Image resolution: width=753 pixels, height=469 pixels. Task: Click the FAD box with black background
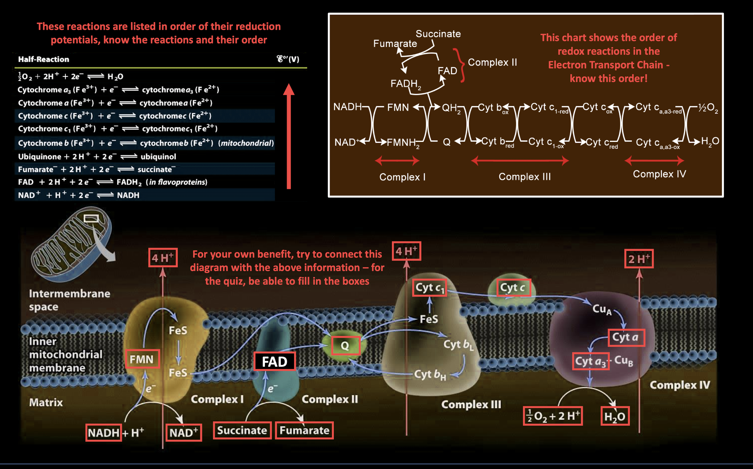click(x=274, y=361)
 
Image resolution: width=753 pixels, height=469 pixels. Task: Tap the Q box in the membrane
click(x=345, y=345)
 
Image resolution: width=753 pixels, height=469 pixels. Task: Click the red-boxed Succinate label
click(x=242, y=430)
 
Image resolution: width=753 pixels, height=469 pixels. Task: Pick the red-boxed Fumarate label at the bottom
click(x=304, y=430)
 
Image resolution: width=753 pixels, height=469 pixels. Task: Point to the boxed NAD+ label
click(x=183, y=432)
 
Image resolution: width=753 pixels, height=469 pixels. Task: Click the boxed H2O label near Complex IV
click(x=614, y=416)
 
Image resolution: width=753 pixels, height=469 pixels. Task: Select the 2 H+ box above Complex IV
click(x=639, y=259)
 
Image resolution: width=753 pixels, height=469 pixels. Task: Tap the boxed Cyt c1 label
click(x=429, y=288)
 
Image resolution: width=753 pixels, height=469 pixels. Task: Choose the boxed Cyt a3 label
click(x=590, y=361)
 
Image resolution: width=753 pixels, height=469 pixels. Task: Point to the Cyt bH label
click(x=430, y=375)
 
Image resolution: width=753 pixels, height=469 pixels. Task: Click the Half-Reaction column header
click(x=44, y=59)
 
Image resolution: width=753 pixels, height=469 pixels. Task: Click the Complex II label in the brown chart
click(x=492, y=62)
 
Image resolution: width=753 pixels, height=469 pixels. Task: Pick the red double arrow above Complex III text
click(x=519, y=161)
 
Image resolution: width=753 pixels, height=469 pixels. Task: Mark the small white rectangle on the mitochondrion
click(x=91, y=218)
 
